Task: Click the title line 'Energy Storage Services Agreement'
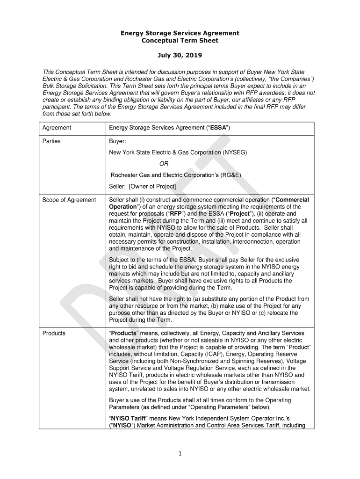click(x=180, y=33)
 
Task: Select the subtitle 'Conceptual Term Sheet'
click(x=180, y=41)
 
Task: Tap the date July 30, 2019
click(x=180, y=56)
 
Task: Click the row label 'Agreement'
click(x=57, y=128)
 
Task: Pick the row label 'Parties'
click(x=51, y=141)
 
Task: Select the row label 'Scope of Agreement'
click(x=69, y=200)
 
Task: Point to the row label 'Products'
click(x=54, y=333)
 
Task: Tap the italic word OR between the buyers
click(x=164, y=164)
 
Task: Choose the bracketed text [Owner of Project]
click(x=152, y=187)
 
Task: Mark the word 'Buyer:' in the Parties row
click(x=117, y=141)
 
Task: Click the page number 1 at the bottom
click(x=180, y=453)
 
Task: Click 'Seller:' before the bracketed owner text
click(x=118, y=187)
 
